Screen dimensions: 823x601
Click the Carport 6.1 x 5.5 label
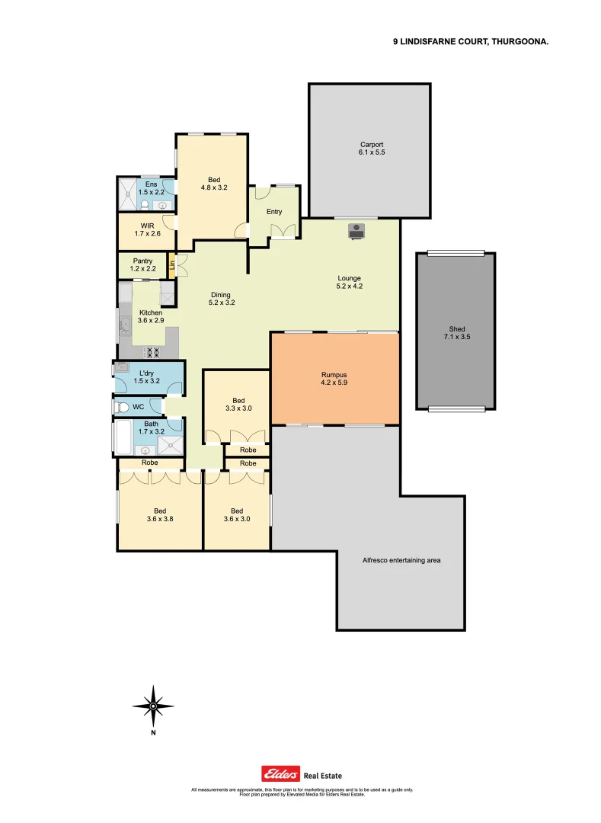click(x=372, y=149)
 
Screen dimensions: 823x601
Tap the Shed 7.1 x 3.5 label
click(x=457, y=332)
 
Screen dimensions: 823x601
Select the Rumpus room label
click(x=334, y=379)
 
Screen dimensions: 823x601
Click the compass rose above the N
click(x=153, y=706)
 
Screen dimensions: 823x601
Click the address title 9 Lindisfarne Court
click(x=471, y=43)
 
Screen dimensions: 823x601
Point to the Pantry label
click(x=142, y=264)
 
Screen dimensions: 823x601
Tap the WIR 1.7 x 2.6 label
click(x=148, y=229)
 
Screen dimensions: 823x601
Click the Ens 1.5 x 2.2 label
click(x=151, y=187)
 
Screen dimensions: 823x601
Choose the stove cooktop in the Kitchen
click(x=152, y=352)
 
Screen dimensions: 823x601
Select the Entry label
click(x=273, y=212)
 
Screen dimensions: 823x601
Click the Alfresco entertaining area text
click(x=401, y=560)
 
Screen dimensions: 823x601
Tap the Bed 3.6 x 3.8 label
click(x=160, y=515)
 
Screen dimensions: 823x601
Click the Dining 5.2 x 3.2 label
click(x=220, y=299)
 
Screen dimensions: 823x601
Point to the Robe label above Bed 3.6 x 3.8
click(x=150, y=463)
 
